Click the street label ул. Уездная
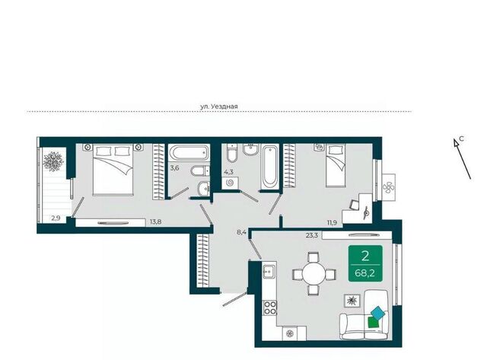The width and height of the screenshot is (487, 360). (x=219, y=107)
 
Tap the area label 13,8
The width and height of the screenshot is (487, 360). (x=155, y=221)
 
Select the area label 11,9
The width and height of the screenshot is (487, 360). (x=332, y=223)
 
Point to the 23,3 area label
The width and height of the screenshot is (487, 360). (x=312, y=235)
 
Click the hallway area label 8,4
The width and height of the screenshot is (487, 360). (x=242, y=231)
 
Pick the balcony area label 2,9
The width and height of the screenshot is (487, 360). (x=56, y=218)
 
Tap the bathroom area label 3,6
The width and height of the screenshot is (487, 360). (x=174, y=168)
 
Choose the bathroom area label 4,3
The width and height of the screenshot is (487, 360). (x=228, y=170)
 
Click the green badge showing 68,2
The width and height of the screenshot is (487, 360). (x=365, y=263)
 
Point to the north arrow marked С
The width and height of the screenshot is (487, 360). (x=463, y=159)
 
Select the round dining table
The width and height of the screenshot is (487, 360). (x=314, y=274)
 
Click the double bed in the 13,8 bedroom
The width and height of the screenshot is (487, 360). (x=113, y=170)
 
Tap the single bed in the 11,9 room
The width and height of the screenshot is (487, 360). (x=336, y=166)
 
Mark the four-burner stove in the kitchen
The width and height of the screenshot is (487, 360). (x=269, y=307)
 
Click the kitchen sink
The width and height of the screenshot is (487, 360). (x=269, y=272)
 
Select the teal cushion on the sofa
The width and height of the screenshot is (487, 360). (x=378, y=313)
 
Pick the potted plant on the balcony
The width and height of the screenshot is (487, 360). (x=53, y=161)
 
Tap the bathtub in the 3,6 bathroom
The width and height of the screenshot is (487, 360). (x=189, y=152)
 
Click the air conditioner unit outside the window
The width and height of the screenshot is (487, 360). (x=388, y=187)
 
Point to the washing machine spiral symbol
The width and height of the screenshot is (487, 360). (x=230, y=183)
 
